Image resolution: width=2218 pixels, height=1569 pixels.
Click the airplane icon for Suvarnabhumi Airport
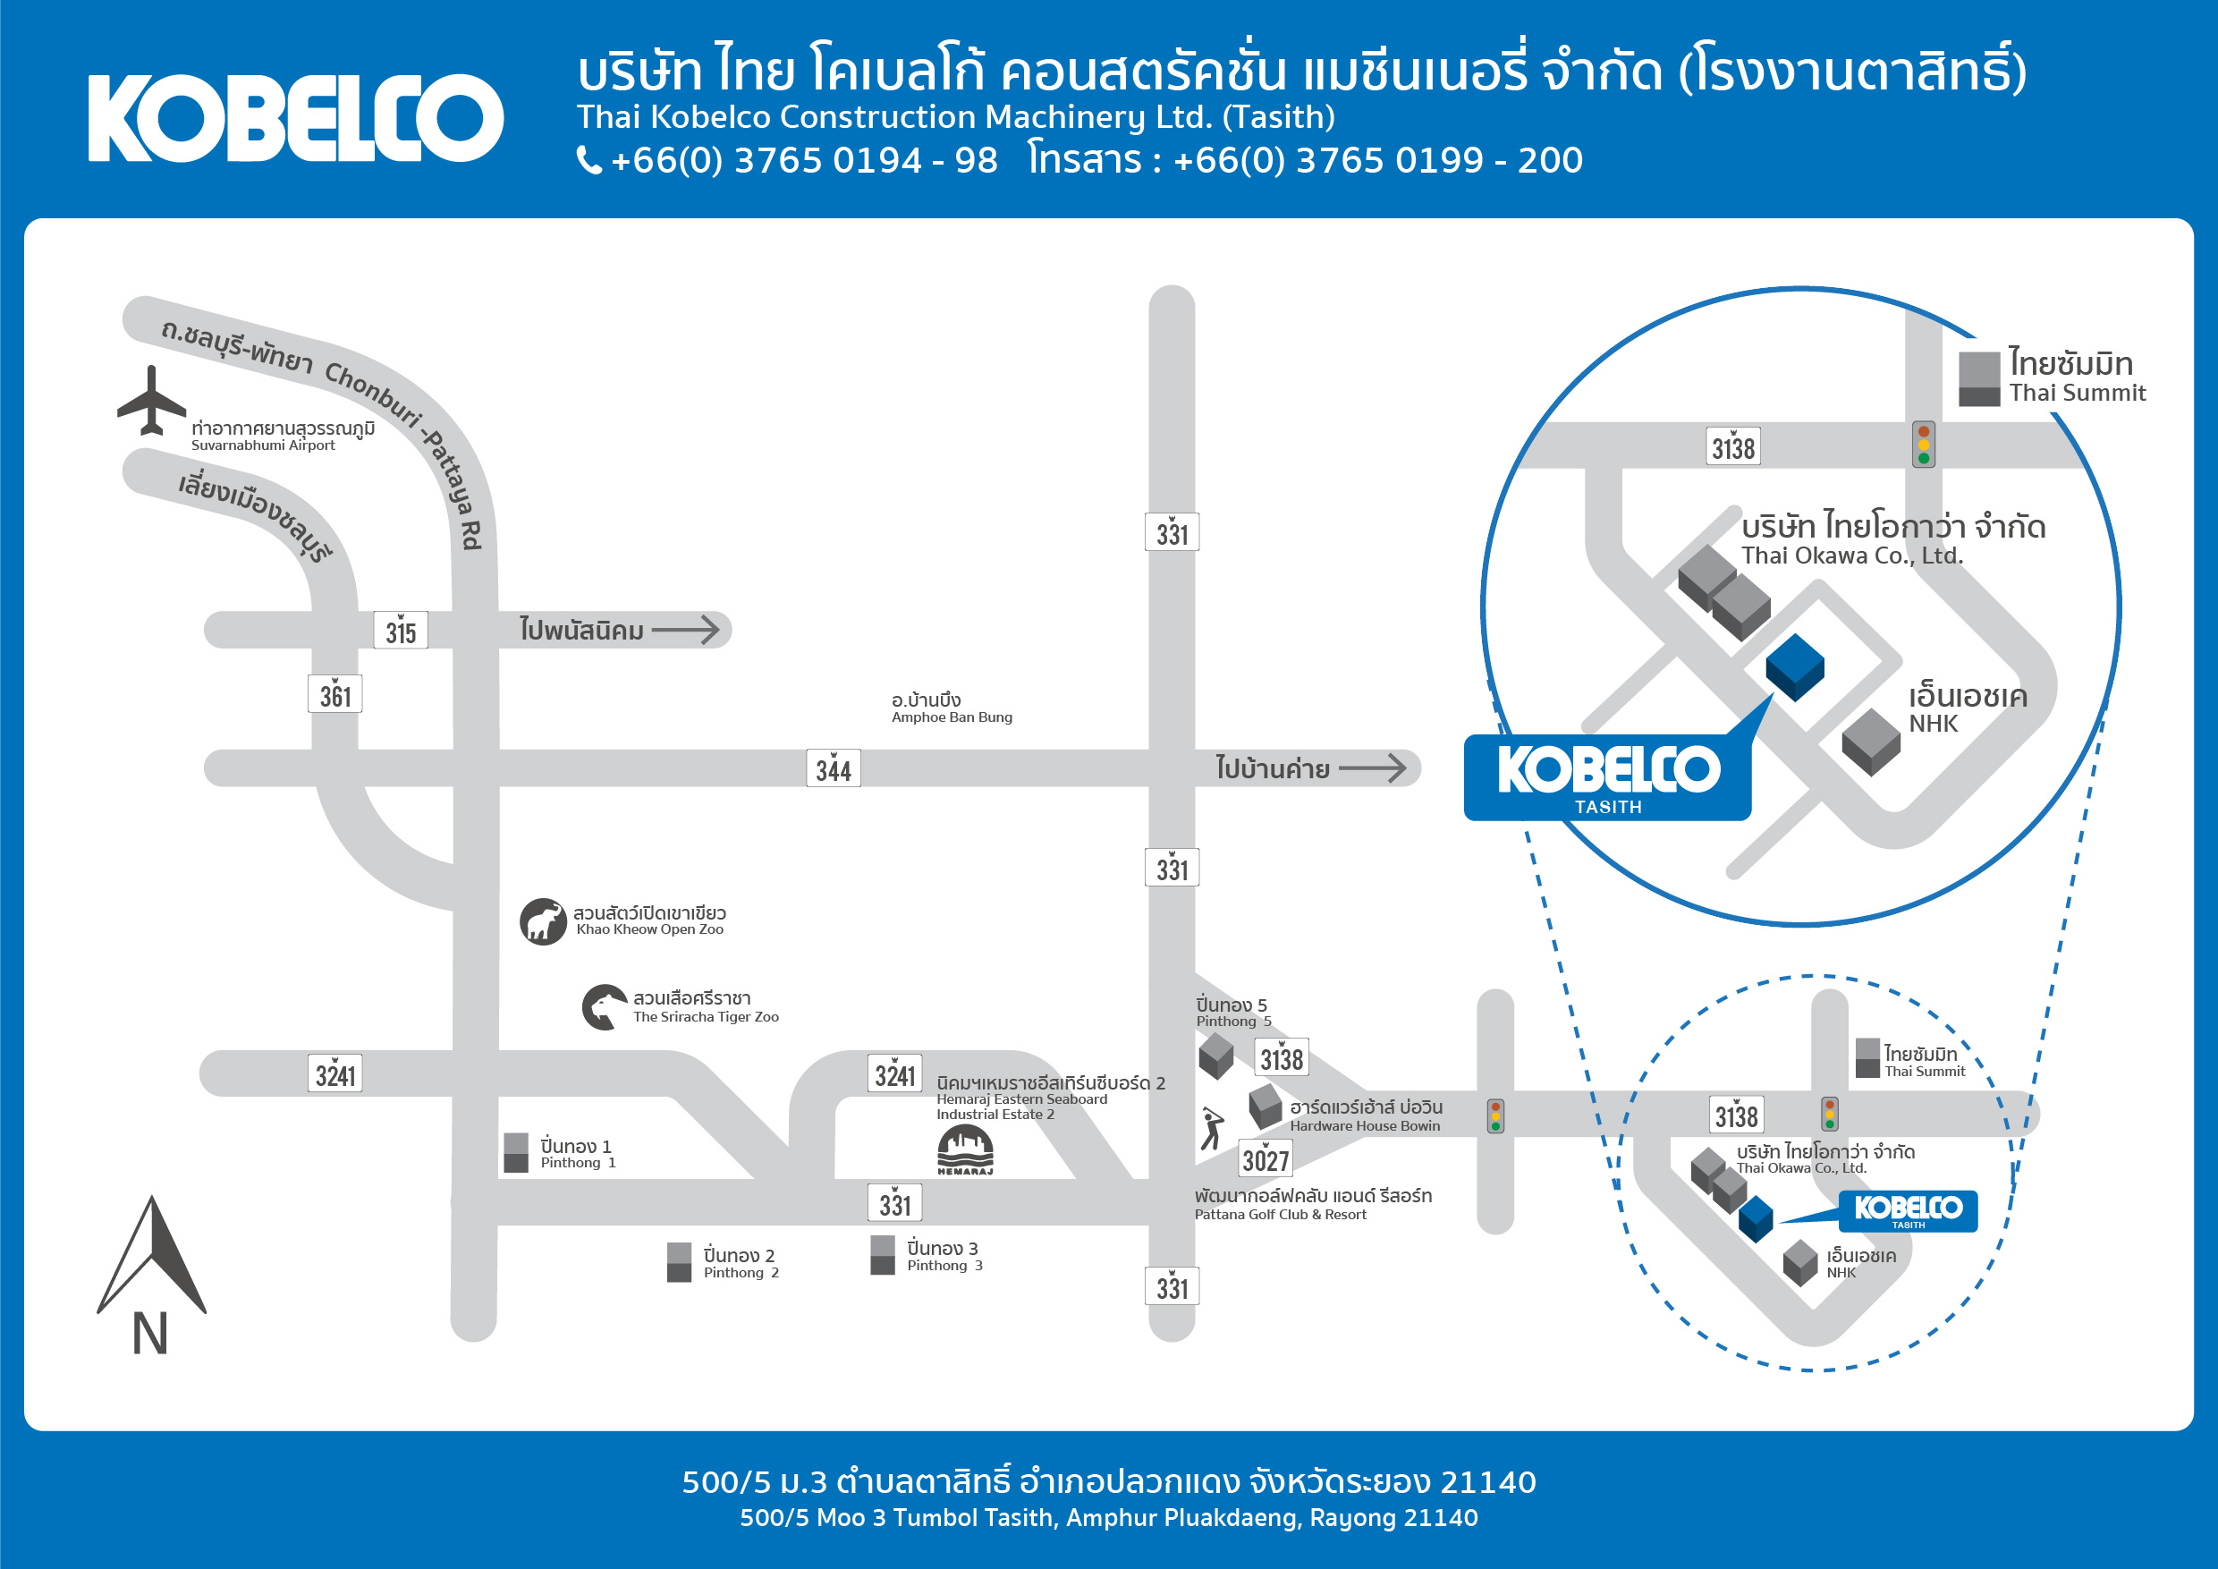152,401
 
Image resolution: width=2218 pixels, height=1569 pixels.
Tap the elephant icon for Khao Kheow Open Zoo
543,920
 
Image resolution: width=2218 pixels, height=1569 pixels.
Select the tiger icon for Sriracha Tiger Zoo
605,1006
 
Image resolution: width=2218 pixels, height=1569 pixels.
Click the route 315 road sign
401,631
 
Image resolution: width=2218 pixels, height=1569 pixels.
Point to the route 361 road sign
335,693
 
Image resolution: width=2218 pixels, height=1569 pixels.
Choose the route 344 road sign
834,768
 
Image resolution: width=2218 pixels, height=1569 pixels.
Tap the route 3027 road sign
1266,1158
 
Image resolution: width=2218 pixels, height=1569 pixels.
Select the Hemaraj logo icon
965,1149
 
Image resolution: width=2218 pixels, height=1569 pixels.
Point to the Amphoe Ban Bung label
952,708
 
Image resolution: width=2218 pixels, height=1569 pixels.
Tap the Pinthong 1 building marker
517,1152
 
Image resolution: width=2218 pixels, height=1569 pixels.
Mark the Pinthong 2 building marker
679,1262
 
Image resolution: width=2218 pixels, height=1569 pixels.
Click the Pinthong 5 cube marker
1216,1056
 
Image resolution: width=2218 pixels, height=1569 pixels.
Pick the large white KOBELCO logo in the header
296,118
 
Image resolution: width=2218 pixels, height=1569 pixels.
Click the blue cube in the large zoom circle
1795,666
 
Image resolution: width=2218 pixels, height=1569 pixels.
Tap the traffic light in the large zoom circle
1924,445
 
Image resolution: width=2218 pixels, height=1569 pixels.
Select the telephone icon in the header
589,159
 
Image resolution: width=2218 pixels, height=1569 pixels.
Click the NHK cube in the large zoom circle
1871,742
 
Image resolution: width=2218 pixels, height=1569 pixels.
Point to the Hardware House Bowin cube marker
1266,1107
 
